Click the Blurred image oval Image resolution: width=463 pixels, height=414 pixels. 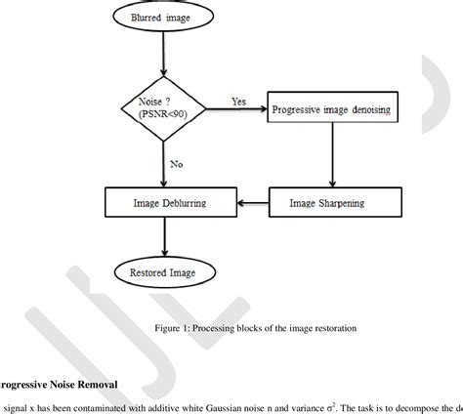163,18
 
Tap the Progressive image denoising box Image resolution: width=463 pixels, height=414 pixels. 332,110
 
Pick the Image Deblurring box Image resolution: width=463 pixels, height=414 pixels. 170,203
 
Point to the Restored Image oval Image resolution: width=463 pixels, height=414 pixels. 163,272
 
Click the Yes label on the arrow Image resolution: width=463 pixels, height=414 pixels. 238,101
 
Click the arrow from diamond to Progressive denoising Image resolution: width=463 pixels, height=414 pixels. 235,110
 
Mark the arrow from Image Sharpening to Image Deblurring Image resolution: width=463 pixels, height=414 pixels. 250,203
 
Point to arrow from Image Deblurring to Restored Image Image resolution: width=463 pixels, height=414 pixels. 163,236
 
